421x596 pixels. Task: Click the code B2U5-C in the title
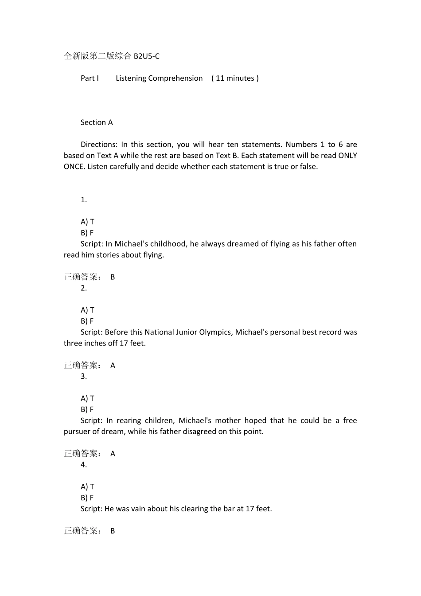click(146, 56)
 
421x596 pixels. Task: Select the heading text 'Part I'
click(90, 78)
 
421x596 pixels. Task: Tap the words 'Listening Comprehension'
click(159, 78)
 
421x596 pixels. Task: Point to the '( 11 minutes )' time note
click(235, 78)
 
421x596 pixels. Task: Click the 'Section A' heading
click(97, 122)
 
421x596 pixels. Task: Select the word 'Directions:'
click(99, 145)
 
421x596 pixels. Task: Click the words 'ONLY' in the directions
click(347, 156)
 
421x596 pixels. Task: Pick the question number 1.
click(83, 200)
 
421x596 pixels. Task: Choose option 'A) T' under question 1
click(87, 222)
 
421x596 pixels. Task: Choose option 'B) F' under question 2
click(87, 321)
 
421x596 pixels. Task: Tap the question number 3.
click(83, 376)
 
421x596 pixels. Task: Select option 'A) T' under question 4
click(87, 487)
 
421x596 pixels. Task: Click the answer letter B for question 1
click(113, 277)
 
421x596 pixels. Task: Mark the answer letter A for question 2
click(113, 365)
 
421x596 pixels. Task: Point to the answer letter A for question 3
click(113, 454)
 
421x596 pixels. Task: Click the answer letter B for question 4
click(113, 531)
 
